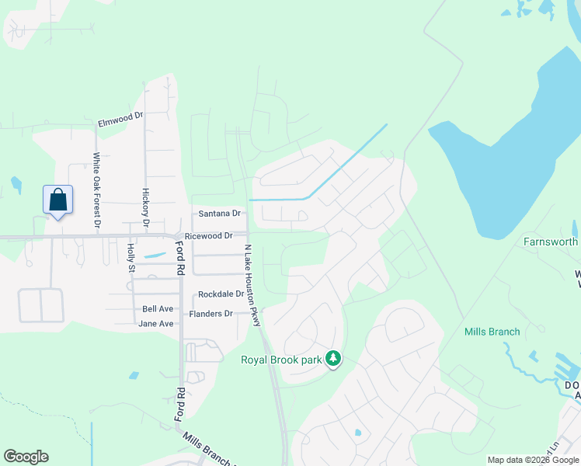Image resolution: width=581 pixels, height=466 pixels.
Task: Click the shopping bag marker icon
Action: pos(58,200)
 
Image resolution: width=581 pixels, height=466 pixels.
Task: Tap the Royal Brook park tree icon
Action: pos(333,359)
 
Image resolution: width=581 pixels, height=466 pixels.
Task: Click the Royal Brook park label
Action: pos(282,359)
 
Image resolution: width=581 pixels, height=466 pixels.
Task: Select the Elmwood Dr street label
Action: pos(121,119)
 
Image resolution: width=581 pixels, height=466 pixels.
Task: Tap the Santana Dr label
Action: pos(220,214)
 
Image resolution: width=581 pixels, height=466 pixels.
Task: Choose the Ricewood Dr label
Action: pos(208,235)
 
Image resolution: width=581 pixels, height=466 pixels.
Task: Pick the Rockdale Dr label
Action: pos(221,294)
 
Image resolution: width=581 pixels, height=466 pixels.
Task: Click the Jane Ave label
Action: pos(156,323)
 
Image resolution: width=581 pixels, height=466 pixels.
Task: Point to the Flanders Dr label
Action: pos(211,314)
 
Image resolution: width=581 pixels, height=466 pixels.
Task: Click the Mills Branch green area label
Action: pos(492,332)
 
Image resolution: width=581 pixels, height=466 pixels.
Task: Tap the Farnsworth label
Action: pos(551,242)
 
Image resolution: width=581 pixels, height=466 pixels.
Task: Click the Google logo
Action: pos(26,457)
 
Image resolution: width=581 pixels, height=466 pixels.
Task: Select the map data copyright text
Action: pos(533,460)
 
